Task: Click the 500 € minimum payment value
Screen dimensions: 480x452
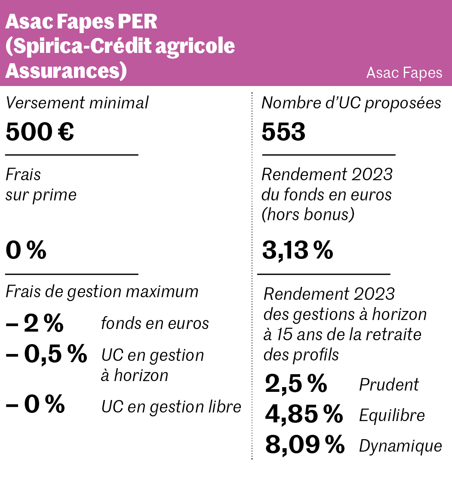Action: coord(40,132)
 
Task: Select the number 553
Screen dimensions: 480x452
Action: coord(283,132)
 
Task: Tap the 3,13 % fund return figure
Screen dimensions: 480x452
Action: coord(298,251)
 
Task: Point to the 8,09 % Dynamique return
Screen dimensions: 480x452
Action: coord(304,445)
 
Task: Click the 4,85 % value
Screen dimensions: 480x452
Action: coord(304,414)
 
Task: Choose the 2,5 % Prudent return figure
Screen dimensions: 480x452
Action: coord(296,384)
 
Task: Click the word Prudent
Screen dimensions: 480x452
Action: coord(389,385)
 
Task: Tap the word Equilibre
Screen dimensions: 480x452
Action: coord(392,415)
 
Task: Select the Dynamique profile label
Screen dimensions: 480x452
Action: coord(400,446)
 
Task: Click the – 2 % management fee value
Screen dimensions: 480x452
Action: coord(34,323)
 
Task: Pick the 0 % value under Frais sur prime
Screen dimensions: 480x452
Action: coord(26,251)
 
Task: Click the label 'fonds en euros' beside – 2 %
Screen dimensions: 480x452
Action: coord(155,323)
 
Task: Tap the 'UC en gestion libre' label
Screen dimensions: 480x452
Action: coord(171,406)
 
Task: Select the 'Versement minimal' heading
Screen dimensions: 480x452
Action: coord(77,103)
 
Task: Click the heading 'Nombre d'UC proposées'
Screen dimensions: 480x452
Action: coord(351,103)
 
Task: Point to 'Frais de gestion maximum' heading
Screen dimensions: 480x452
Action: coord(102,292)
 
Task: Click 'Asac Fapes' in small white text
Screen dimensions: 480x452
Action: coord(404,73)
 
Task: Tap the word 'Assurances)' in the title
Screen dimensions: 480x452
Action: coord(66,71)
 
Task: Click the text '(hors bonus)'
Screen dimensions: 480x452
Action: coord(308,214)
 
